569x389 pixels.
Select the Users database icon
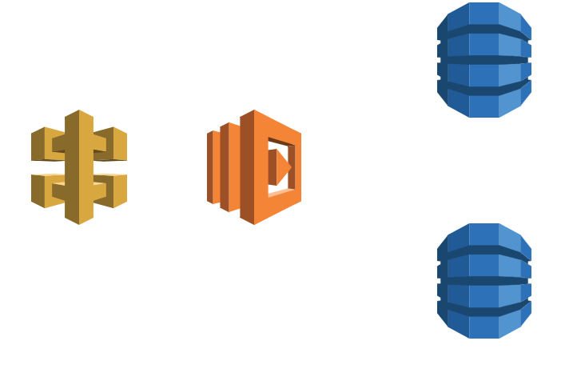(x=484, y=60)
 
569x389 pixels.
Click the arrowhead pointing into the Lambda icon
(x=201, y=167)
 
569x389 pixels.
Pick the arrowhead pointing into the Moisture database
(x=431, y=281)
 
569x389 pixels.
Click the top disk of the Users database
(x=484, y=20)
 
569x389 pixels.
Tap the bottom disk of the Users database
(x=484, y=101)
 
